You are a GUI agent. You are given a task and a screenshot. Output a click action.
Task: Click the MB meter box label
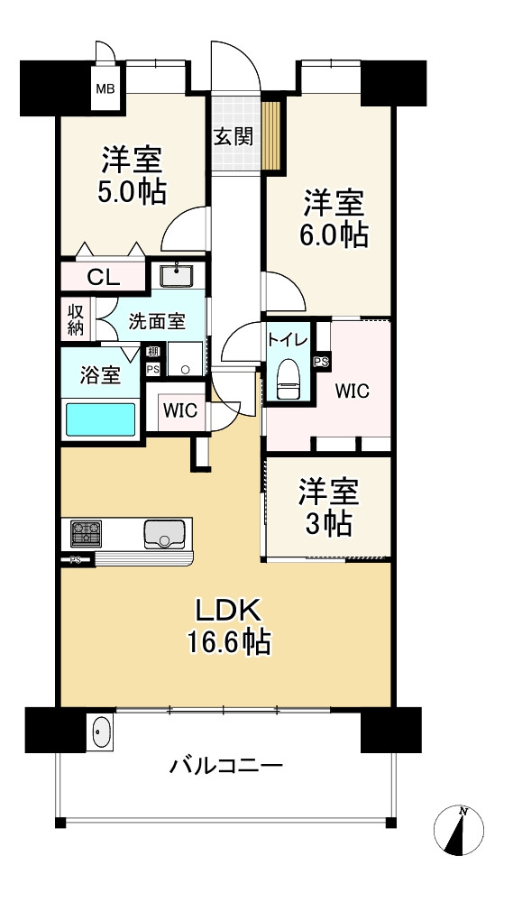[105, 88]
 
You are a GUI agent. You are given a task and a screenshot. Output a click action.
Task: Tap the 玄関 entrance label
[234, 137]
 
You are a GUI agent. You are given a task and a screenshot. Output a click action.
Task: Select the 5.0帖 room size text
[133, 191]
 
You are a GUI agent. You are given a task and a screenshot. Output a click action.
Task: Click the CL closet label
[104, 278]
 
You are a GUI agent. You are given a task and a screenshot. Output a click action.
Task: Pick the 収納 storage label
[77, 319]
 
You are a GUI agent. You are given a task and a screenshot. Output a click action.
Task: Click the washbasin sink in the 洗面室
[177, 275]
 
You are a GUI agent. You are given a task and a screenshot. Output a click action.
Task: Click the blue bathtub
[101, 419]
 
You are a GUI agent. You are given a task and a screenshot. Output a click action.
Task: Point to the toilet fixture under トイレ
[289, 380]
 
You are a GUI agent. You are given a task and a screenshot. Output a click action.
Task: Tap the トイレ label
[289, 339]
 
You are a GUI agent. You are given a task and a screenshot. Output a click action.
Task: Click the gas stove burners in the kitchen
[86, 533]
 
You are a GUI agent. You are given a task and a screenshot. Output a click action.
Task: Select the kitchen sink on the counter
[165, 534]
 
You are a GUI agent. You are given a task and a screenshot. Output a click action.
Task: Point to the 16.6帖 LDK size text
[228, 642]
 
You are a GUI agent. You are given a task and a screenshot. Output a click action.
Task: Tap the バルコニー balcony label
[226, 766]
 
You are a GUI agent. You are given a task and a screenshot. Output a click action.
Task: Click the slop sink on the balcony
[101, 732]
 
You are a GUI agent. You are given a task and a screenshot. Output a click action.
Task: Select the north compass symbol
[459, 830]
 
